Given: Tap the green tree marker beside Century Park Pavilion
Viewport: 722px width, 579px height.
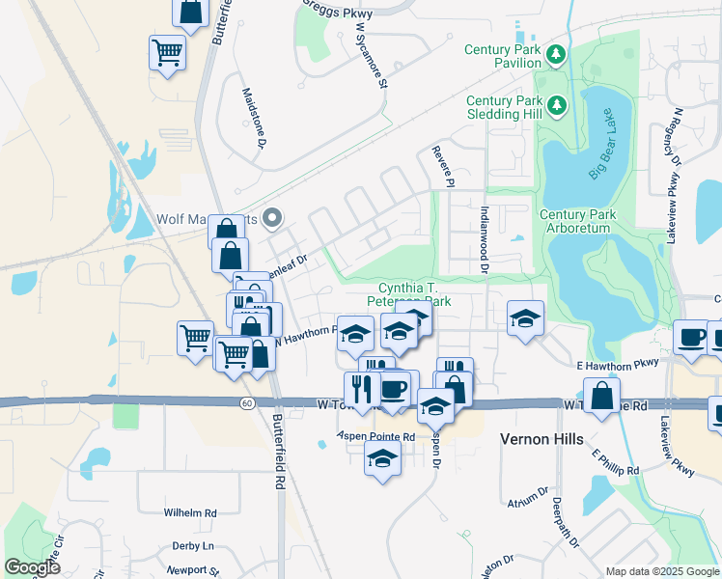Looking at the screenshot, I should tap(556, 54).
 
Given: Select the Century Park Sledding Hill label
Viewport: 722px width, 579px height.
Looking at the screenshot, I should tap(504, 107).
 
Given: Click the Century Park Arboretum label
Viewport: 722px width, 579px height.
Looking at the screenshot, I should tap(574, 221).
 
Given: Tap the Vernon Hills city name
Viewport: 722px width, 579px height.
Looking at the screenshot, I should tap(541, 439).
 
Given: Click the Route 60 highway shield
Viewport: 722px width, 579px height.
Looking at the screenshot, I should tap(248, 402).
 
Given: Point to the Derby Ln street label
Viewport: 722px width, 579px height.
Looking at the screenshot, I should tap(192, 546).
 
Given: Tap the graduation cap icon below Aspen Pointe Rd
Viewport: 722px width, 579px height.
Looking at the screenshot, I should tap(382, 458).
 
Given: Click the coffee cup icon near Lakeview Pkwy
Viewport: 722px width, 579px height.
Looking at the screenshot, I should tap(690, 337).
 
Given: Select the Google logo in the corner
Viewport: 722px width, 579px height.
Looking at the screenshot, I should tap(33, 567).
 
